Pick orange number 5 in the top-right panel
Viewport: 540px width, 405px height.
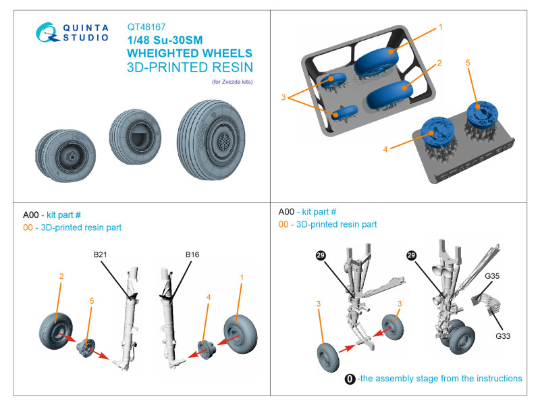click(467, 63)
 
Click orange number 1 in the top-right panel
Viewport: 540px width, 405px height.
click(439, 27)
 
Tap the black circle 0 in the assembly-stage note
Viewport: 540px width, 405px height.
click(350, 379)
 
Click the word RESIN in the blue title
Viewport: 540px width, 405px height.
click(223, 67)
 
